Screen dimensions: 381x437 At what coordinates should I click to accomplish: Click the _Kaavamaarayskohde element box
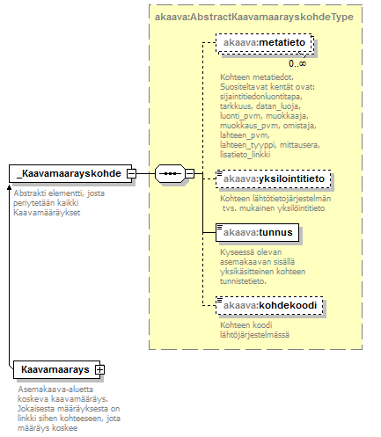70,173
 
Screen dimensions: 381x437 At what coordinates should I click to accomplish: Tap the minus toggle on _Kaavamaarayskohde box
132,173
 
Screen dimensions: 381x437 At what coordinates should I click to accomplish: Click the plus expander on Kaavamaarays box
99,369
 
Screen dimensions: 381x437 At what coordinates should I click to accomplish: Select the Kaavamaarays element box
57,369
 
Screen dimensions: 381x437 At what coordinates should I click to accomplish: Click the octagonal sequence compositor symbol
170,173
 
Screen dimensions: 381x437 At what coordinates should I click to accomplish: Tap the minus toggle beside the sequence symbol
190,173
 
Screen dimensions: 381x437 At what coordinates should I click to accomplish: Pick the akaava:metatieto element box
265,43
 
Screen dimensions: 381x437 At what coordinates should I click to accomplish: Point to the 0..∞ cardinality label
297,63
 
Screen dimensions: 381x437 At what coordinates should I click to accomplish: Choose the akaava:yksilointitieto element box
274,178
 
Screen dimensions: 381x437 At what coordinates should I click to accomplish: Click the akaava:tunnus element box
258,233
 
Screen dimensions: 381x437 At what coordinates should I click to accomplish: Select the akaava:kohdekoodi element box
269,305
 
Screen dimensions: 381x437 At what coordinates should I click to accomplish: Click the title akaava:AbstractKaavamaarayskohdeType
254,17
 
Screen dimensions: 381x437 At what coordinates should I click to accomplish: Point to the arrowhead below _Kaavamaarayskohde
9,187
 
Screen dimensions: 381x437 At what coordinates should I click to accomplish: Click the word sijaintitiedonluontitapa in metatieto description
260,97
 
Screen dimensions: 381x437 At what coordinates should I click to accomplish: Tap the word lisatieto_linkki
245,155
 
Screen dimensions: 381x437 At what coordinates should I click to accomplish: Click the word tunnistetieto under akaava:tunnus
243,281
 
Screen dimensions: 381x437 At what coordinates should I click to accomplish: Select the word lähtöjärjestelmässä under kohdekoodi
254,335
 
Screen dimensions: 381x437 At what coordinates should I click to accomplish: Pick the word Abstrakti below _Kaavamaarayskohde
28,193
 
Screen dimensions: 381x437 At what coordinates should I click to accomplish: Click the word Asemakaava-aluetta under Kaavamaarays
55,390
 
